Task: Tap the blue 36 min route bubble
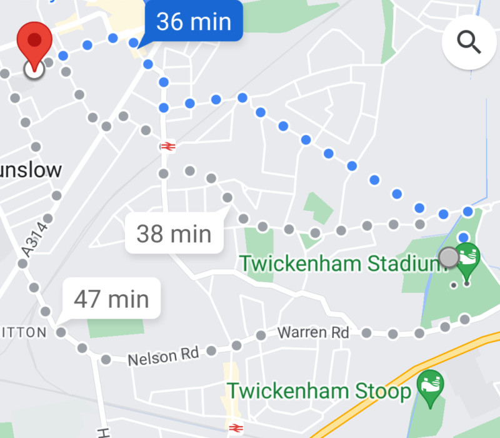(x=193, y=22)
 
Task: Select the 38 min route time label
(x=174, y=234)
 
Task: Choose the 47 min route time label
(x=111, y=298)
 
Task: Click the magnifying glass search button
(x=469, y=42)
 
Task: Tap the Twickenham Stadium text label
(x=344, y=263)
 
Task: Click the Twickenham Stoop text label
(x=319, y=391)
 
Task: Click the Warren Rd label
(x=313, y=332)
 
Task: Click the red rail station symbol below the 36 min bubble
(x=167, y=146)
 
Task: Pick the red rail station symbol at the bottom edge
(x=234, y=429)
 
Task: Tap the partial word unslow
(x=31, y=170)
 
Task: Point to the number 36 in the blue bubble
(x=169, y=22)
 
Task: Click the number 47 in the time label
(x=87, y=298)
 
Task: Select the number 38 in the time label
(x=150, y=234)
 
